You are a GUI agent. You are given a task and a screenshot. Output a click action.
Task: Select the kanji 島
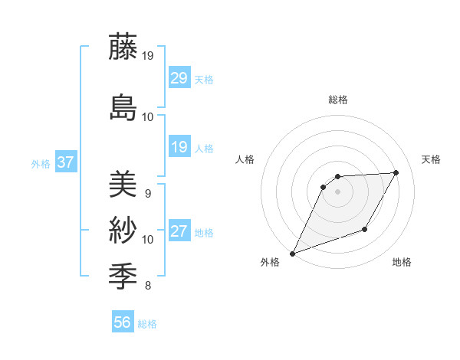[x=123, y=106]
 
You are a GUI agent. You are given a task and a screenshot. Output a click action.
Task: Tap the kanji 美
[x=123, y=184]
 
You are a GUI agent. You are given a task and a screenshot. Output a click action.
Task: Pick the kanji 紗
[x=123, y=229]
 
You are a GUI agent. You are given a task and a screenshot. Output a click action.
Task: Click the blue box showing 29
[x=179, y=77]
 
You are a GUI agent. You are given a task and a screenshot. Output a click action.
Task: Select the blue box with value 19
[x=179, y=146]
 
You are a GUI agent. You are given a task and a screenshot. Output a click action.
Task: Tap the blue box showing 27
[x=179, y=231]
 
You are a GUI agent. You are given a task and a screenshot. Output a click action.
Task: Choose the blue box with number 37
[x=65, y=162]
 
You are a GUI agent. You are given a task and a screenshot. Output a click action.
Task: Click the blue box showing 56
[x=123, y=322]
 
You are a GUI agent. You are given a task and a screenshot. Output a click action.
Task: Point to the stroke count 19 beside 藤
[x=148, y=56]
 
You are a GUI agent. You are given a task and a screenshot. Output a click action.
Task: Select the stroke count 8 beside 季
[x=147, y=286]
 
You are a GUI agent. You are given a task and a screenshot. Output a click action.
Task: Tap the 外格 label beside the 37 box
[x=40, y=163]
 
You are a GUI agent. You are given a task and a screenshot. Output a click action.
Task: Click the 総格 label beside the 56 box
[x=147, y=323]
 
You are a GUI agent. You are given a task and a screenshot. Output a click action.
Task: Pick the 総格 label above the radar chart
[x=337, y=100]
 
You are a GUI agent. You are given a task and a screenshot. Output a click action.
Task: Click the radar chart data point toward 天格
[x=396, y=172]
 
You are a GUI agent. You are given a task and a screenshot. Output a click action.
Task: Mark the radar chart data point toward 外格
[x=292, y=253]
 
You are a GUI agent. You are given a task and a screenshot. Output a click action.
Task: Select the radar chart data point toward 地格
[x=366, y=229]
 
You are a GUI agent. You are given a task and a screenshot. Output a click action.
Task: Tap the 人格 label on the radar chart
[x=245, y=159]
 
